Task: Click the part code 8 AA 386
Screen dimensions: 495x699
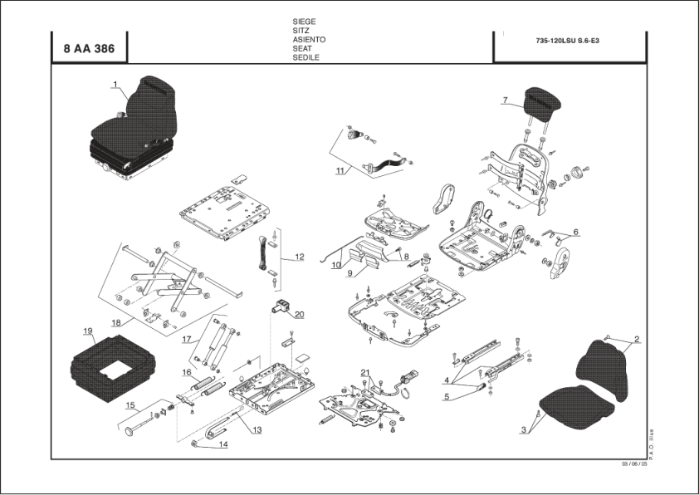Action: point(89,49)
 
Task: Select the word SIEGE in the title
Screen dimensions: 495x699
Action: point(305,22)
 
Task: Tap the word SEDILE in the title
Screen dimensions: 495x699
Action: point(306,58)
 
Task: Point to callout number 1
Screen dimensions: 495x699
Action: point(115,83)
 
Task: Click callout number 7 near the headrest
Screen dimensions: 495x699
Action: point(504,100)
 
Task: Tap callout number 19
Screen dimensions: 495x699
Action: point(87,331)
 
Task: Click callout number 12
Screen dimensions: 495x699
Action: point(299,257)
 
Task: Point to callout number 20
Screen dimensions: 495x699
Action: point(299,314)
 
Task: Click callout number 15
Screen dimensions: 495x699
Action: point(130,405)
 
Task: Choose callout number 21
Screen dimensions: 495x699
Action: point(364,370)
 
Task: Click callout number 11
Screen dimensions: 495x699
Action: point(340,171)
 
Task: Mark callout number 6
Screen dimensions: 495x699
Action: point(575,232)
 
